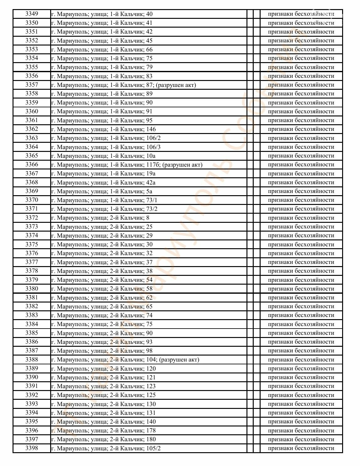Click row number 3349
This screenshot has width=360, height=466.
pyautogui.click(x=31, y=14)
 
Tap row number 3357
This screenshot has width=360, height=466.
pyautogui.click(x=31, y=85)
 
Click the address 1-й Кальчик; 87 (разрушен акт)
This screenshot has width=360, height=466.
pyautogui.click(x=124, y=85)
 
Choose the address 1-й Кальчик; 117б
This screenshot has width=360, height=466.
pyautogui.click(x=127, y=164)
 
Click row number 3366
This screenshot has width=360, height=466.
pyautogui.click(x=31, y=164)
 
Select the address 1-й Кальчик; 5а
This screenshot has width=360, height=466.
pyautogui.click(x=102, y=191)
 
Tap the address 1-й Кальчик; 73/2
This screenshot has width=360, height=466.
pyautogui.click(x=104, y=209)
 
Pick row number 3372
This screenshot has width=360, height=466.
pyautogui.click(x=31, y=218)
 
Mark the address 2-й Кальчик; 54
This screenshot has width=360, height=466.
pyautogui.click(x=102, y=280)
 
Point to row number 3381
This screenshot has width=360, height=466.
pyautogui.click(x=31, y=297)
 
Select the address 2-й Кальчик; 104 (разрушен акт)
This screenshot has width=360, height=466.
pyautogui.click(x=125, y=360)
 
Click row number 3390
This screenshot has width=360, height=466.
pyautogui.click(x=31, y=377)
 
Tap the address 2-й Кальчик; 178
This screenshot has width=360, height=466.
pyautogui.click(x=103, y=431)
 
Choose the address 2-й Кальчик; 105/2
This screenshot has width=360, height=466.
pyautogui.click(x=106, y=448)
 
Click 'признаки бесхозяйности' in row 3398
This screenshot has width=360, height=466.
pyautogui.click(x=301, y=448)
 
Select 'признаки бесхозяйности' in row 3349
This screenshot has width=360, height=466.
pyautogui.click(x=301, y=14)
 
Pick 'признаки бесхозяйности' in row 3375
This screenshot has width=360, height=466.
pyautogui.click(x=301, y=244)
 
